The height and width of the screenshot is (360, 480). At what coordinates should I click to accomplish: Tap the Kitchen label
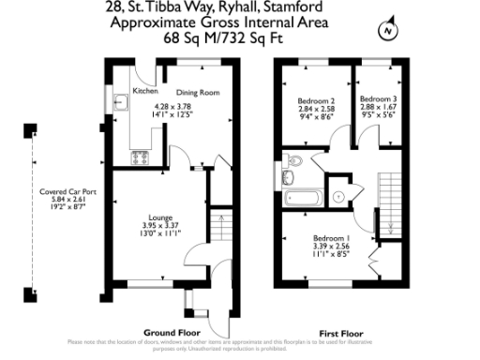[x=145, y=92]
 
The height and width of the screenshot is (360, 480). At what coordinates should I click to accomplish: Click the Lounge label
[x=159, y=216]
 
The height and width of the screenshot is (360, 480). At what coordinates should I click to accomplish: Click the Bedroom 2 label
[x=316, y=100]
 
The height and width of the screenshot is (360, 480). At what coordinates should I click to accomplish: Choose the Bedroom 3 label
[x=378, y=98]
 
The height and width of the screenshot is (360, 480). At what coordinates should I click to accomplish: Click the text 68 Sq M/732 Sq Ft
[x=240, y=37]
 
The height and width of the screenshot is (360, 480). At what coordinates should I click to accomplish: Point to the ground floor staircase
[x=219, y=231]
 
